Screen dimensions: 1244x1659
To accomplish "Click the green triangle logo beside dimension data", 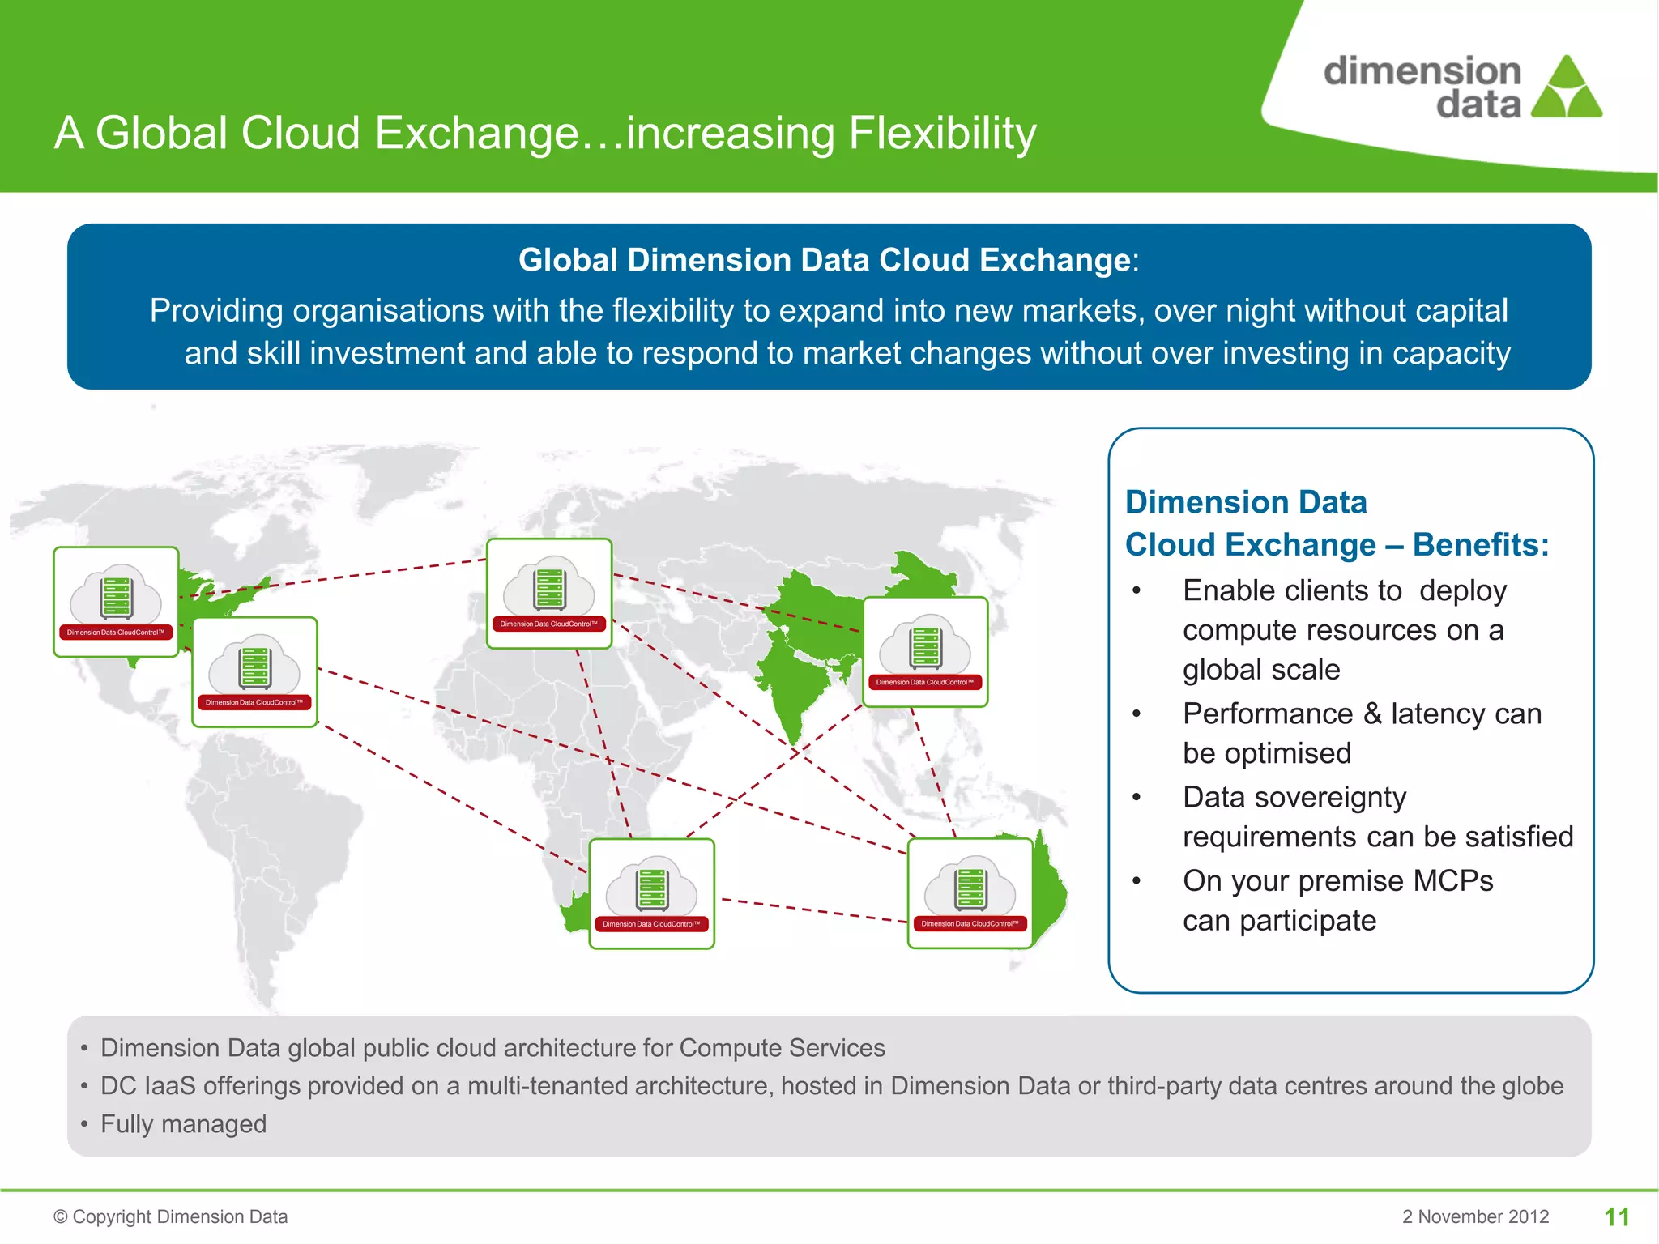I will coord(1567,89).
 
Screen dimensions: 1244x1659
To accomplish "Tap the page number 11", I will coord(1617,1216).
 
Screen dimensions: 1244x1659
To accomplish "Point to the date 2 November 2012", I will coord(1475,1216).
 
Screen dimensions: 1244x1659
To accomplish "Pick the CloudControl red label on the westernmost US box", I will coord(116,633).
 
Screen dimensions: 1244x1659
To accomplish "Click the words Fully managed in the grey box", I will coord(183,1124).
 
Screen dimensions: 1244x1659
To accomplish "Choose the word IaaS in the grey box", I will coord(169,1086).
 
